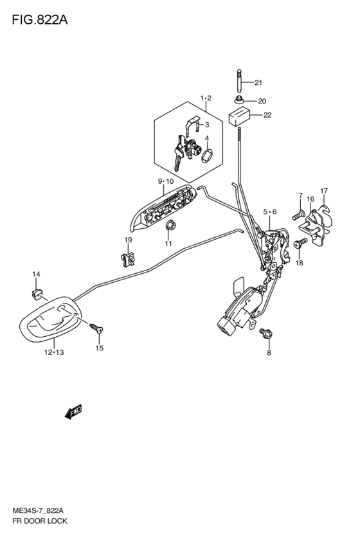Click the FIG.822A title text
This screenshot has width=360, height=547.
[40, 20]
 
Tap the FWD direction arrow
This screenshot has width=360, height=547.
[73, 411]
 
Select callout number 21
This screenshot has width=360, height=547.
[258, 83]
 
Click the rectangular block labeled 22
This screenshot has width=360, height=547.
[240, 117]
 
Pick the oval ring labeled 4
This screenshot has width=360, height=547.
[207, 156]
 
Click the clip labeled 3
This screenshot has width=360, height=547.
[193, 125]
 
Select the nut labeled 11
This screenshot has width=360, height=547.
[170, 226]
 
